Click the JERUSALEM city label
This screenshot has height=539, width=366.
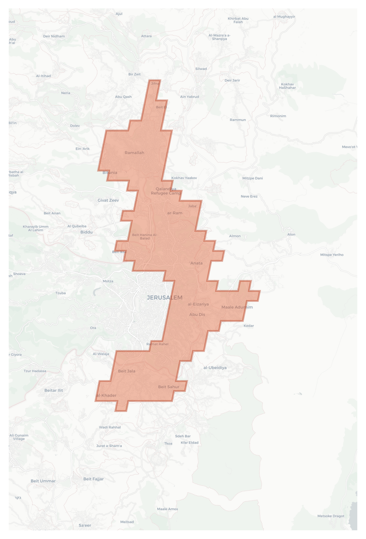pos(164,297)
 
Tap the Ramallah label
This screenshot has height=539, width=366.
pos(134,153)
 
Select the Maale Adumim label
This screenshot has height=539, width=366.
pos(237,307)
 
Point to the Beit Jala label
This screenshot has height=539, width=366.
pos(127,371)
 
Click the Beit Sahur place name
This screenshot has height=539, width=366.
pos(168,387)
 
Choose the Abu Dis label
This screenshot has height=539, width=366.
pos(197,314)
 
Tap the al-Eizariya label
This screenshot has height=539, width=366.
pos(198,304)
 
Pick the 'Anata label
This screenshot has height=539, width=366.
pos(196,263)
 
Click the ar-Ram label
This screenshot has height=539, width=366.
pos(175,213)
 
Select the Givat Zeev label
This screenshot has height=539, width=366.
pos(108,200)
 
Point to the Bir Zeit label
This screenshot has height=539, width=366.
pos(134,74)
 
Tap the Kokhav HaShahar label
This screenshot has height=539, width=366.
pos(287,86)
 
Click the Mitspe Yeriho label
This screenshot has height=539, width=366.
pos(332,255)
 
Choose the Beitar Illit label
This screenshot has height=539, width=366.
pos(53,390)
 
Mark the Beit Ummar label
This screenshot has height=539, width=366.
pos(43,481)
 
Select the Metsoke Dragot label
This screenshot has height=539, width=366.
pos(331,516)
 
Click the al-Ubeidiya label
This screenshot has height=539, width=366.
pos(215,368)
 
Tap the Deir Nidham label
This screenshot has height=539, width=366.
pos(54,36)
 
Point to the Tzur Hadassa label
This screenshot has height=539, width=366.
pos(35,371)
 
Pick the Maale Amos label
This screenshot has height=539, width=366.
pos(167,509)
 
